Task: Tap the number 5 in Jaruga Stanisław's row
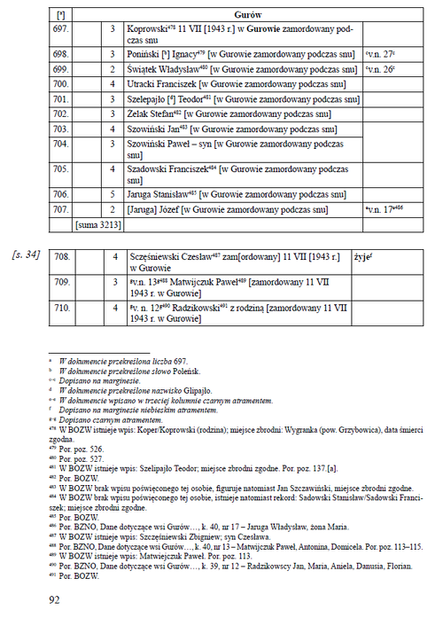(113, 192)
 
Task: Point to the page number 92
(55, 599)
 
